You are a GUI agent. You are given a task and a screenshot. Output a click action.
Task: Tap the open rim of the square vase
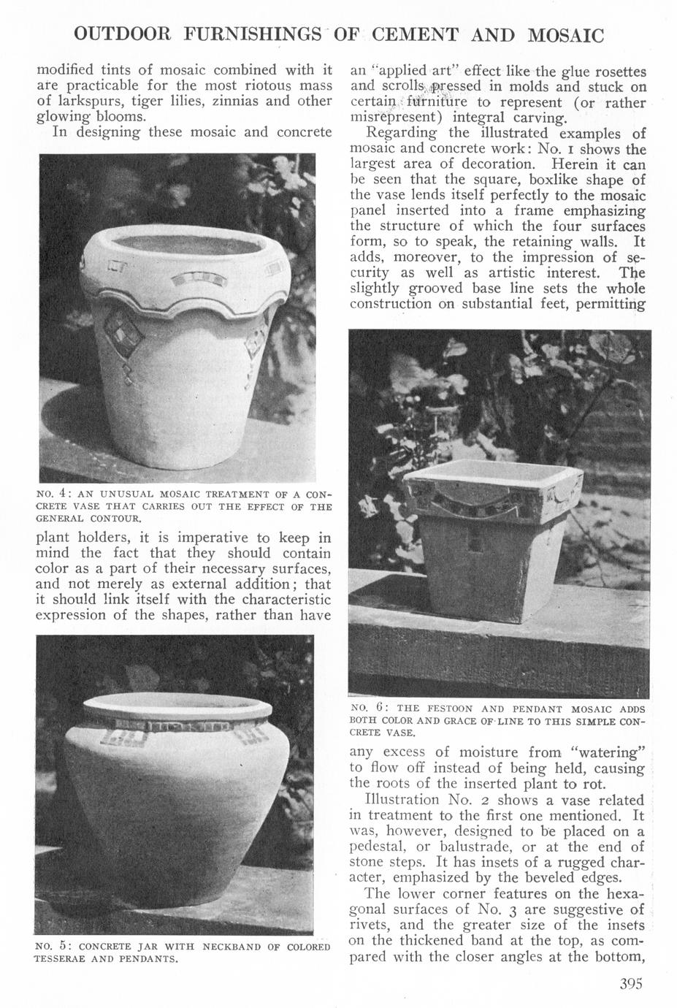pos(493,474)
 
